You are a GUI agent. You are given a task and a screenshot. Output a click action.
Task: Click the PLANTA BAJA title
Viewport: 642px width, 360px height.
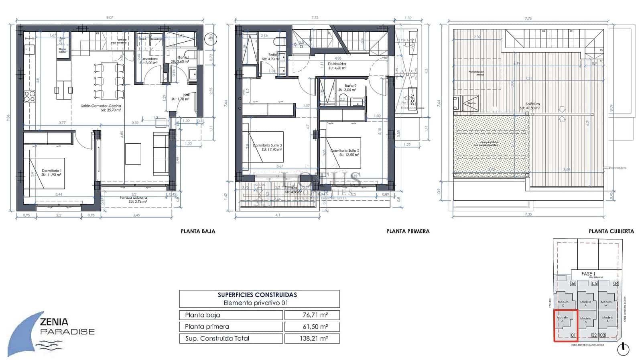coord(198,231)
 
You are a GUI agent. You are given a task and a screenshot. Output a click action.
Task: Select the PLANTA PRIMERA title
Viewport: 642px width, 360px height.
coord(408,231)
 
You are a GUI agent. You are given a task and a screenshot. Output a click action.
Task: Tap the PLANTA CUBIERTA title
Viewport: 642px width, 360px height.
coord(611,231)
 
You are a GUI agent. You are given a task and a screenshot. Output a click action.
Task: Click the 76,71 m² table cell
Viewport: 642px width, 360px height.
coord(312,315)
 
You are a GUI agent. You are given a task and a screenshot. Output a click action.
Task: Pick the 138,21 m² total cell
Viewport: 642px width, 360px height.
coord(312,338)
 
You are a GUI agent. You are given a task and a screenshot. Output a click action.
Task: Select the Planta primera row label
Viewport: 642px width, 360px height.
coord(207,327)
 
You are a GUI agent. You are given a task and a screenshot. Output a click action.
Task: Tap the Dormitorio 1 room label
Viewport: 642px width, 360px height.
coord(51,171)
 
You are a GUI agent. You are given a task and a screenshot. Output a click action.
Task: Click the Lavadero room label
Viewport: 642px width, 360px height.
coord(148,59)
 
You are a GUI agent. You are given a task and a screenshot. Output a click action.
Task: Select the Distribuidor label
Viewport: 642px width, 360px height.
coord(337,64)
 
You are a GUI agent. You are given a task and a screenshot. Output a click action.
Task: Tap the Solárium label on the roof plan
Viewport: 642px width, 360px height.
coord(533,104)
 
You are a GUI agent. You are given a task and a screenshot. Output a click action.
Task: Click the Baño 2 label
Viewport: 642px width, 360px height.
coord(350,86)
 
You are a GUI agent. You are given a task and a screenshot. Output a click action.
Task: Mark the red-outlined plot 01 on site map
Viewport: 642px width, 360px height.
coord(565,325)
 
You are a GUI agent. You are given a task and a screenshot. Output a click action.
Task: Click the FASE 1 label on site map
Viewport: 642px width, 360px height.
coord(588,274)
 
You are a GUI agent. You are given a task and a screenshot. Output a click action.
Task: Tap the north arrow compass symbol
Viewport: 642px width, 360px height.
coord(623,349)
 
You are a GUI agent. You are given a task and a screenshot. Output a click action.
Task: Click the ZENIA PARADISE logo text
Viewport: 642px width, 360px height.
coord(67,326)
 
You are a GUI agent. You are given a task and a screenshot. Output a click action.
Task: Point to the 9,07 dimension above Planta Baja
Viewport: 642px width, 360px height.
coord(109,18)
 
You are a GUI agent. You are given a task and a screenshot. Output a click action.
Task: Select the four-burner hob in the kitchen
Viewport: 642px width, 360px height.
coord(30,96)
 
